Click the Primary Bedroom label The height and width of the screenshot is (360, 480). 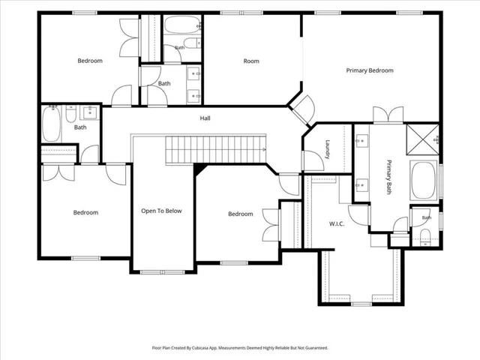[x=370, y=70]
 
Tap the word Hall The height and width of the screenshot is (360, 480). [x=205, y=118]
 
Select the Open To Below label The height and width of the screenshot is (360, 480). [x=161, y=211]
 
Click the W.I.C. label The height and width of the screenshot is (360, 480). [x=337, y=223]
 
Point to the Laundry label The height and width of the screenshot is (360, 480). [x=327, y=149]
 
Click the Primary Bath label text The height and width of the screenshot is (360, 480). [x=388, y=177]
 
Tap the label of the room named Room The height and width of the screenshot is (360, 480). [x=251, y=61]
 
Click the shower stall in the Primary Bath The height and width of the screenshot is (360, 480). [x=423, y=139]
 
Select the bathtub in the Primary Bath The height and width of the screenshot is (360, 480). [x=424, y=181]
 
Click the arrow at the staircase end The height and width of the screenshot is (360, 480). [x=263, y=149]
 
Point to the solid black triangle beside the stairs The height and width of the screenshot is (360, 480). [x=199, y=169]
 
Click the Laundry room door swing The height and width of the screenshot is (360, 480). [x=313, y=160]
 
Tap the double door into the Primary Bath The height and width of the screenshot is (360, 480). [x=388, y=115]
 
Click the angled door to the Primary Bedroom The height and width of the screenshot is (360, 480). [x=304, y=110]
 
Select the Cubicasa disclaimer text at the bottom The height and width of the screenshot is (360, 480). [x=240, y=348]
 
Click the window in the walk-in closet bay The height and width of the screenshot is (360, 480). [x=361, y=304]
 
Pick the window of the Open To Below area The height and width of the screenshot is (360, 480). [x=163, y=271]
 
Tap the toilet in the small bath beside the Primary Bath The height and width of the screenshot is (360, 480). [x=425, y=237]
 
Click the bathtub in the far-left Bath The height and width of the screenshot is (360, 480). [x=51, y=123]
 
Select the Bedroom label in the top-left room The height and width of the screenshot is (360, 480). [x=90, y=61]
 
